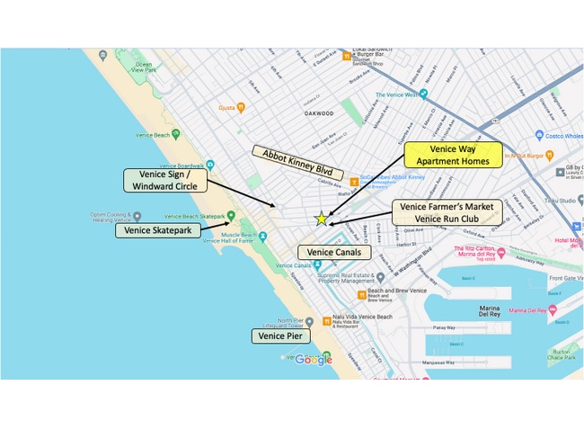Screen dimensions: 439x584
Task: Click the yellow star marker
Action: point(321,219)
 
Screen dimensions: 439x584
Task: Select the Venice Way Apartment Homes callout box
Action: point(452,155)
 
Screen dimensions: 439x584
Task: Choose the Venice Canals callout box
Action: point(333,253)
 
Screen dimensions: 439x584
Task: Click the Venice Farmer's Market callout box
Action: point(447,212)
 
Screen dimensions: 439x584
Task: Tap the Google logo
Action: point(313,360)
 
